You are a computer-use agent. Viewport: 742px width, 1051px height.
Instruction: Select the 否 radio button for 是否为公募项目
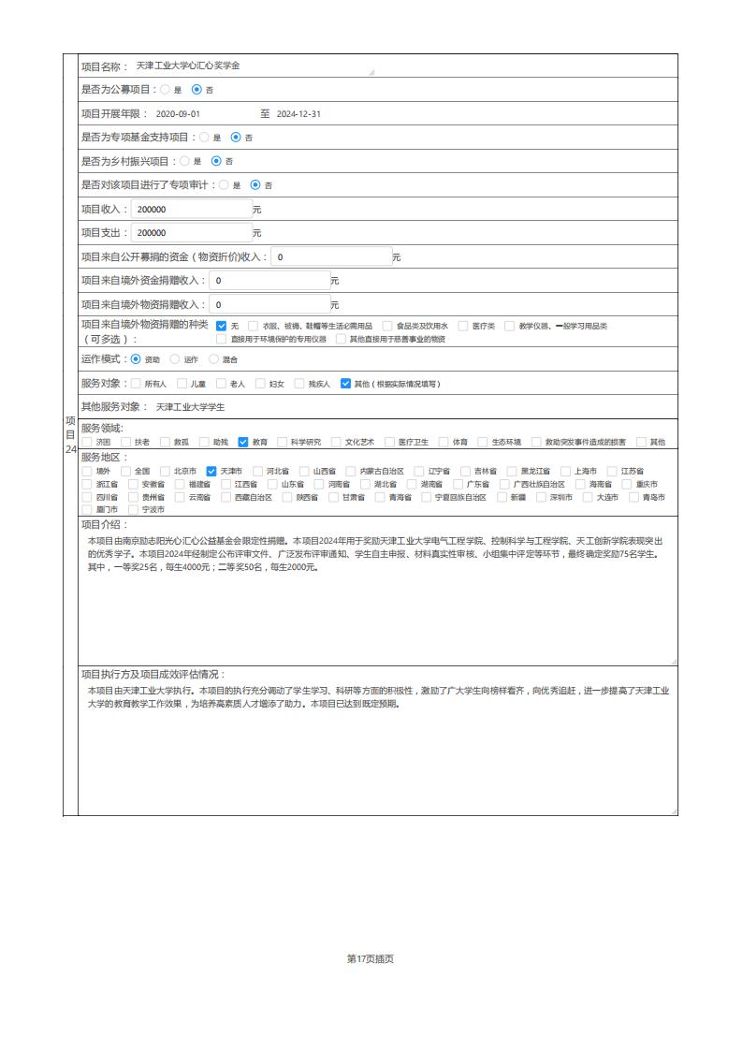click(196, 90)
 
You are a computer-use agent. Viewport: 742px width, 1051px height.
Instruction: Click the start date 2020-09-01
click(178, 114)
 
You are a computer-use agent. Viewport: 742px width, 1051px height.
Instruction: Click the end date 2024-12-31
click(298, 114)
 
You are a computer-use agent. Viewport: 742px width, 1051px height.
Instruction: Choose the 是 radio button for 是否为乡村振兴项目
click(185, 161)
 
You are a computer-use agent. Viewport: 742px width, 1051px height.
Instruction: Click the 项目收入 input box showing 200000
click(191, 209)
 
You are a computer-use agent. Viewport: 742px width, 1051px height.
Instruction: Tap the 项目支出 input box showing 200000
click(191, 233)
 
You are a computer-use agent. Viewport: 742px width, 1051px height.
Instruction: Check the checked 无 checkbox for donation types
click(222, 326)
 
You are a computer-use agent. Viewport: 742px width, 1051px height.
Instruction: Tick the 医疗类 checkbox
click(464, 326)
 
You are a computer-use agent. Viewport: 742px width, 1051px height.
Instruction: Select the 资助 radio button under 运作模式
click(137, 358)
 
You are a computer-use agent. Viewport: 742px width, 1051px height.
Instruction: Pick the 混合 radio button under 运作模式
click(213, 358)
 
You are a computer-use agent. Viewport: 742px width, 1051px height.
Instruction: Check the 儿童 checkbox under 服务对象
click(182, 383)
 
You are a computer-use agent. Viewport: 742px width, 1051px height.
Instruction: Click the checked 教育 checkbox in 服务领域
click(243, 442)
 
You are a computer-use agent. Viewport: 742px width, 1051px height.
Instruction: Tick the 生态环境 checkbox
click(483, 442)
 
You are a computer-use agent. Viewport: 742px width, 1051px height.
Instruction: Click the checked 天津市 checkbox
click(211, 471)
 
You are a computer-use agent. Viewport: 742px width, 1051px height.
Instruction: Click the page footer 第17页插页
click(371, 958)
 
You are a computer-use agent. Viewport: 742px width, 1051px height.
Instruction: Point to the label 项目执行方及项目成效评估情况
click(153, 674)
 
